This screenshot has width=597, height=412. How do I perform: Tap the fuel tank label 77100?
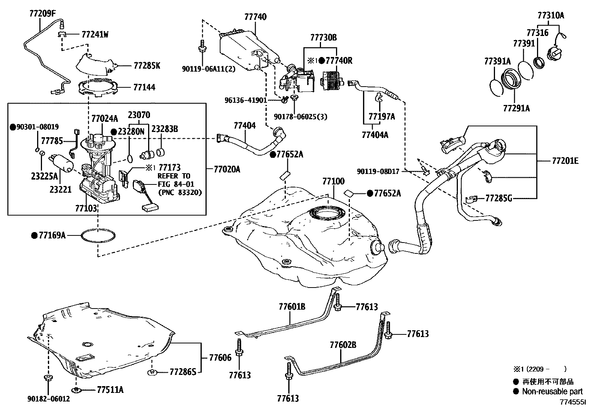tap(333, 181)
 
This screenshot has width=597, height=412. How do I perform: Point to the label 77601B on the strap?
tap(292, 307)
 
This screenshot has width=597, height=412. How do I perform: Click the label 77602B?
tap(343, 345)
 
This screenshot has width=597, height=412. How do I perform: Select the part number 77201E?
tap(565, 161)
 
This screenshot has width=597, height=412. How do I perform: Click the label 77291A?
tap(516, 108)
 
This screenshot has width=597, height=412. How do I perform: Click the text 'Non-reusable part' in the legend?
tap(552, 391)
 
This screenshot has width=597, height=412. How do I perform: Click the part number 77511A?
tap(110, 390)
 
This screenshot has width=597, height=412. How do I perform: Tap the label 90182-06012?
tap(48, 399)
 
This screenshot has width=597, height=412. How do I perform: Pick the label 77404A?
tap(375, 135)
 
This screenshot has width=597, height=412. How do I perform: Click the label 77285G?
tap(498, 198)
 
